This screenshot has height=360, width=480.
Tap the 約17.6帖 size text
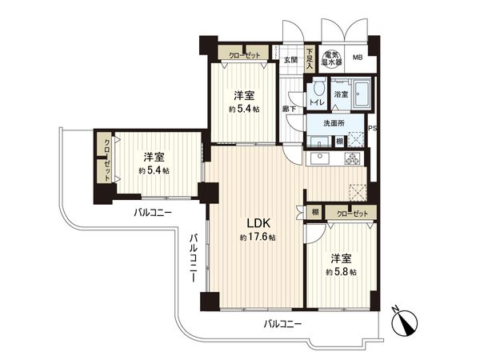[x=257, y=238]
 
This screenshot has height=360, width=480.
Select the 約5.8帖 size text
[x=342, y=272]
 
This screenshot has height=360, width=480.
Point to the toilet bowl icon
[x=318, y=90]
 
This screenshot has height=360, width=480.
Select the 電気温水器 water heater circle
[x=331, y=55]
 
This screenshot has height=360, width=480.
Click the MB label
[x=358, y=58]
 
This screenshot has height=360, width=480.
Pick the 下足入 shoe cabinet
[x=310, y=60]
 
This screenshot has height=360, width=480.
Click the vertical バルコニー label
[x=194, y=261]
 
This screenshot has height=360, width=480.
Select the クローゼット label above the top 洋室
[x=242, y=54]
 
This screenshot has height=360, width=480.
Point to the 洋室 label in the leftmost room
[x=154, y=156]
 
